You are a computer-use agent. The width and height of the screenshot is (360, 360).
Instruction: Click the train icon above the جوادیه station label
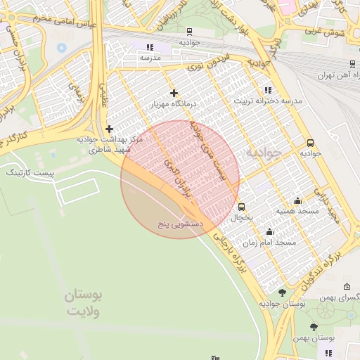[x=189, y=31]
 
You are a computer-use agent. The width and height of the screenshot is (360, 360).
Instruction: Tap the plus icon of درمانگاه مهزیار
[x=174, y=93]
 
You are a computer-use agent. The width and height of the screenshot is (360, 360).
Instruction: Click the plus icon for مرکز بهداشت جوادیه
[x=109, y=129]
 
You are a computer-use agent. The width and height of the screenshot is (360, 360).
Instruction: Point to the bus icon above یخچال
[x=242, y=207]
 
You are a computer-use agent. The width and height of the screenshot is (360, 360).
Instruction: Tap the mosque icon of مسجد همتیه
[x=297, y=200]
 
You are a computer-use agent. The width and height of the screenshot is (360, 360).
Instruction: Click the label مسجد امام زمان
[x=269, y=242]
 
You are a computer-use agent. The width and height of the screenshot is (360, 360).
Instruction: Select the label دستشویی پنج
[x=181, y=224]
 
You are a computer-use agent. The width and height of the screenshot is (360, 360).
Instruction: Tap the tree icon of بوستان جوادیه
[x=283, y=292]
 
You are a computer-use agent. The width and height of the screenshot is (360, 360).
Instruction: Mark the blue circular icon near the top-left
[x=61, y=48]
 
